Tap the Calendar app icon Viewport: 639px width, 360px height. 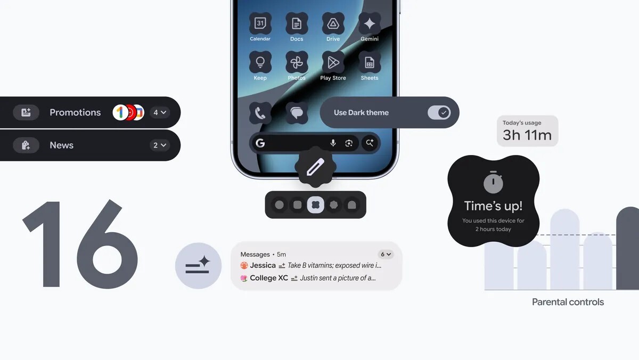260,23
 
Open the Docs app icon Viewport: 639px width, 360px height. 297,23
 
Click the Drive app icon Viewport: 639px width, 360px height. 333,23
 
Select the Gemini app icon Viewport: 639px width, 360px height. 370,23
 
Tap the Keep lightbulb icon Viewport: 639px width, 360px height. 260,62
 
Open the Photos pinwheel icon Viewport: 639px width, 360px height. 297,62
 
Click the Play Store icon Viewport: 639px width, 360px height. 333,62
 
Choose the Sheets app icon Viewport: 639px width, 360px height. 370,62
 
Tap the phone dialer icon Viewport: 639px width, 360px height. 260,113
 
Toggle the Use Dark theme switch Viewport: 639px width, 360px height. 439,112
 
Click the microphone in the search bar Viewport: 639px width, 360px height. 333,143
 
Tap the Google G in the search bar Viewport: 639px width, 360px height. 260,143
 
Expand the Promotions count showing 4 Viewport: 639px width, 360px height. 160,112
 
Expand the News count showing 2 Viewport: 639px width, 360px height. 160,145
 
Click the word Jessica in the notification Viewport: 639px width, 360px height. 263,265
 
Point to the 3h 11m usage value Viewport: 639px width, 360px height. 527,135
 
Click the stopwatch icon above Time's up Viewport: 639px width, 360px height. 494,183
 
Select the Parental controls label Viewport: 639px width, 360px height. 568,302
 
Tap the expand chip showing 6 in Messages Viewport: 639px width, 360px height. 385,254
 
